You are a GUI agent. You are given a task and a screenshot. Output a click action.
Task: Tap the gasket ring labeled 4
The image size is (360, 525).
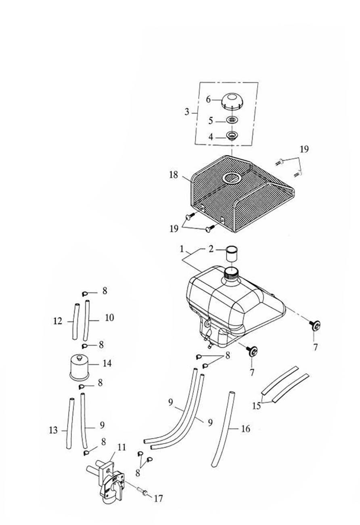(x=232, y=135)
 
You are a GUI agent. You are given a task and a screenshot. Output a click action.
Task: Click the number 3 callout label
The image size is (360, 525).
(x=187, y=112)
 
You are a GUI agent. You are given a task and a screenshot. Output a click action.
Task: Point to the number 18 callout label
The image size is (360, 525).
(x=174, y=175)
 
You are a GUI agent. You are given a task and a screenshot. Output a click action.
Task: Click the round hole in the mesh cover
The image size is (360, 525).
(x=232, y=177)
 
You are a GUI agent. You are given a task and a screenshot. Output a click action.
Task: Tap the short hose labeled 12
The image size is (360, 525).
(x=75, y=321)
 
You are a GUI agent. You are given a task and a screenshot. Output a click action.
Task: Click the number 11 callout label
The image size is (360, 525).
(x=122, y=447)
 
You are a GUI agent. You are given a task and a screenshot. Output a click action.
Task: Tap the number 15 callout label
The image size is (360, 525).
(x=257, y=405)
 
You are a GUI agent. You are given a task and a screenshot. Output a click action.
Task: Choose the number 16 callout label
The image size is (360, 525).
(x=245, y=428)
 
